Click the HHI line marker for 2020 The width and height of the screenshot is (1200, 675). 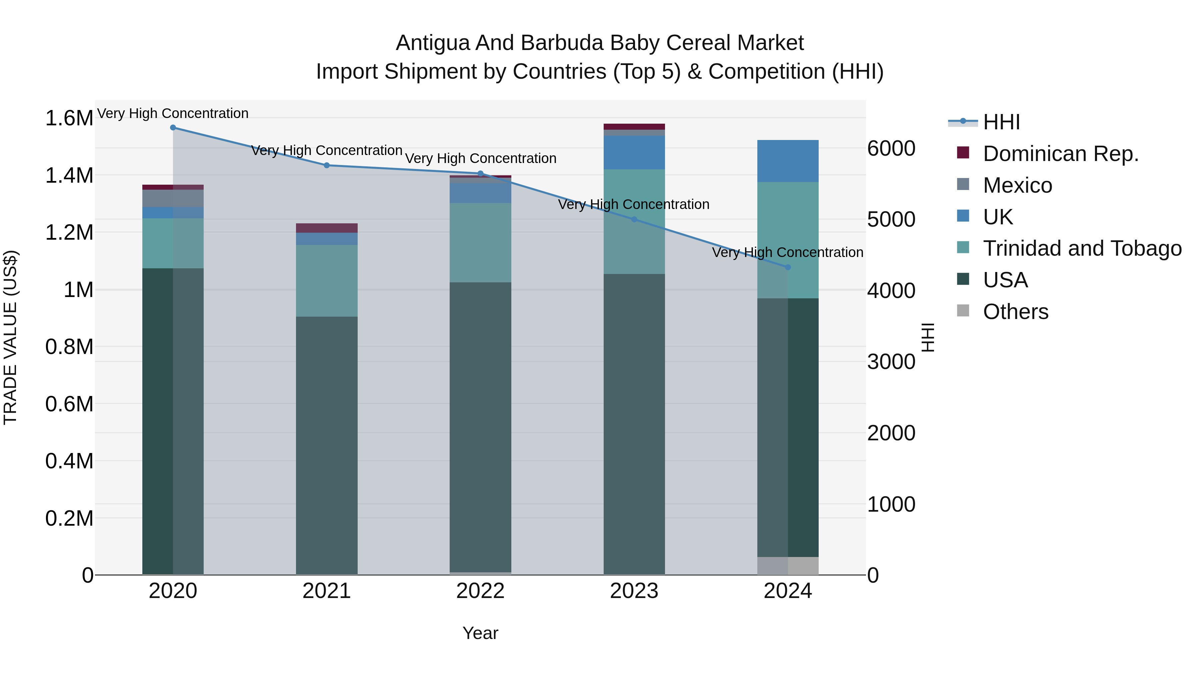(173, 127)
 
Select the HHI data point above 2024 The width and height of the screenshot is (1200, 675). (788, 267)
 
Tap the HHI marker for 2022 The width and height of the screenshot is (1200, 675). (480, 173)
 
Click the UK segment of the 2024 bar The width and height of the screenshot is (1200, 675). (788, 161)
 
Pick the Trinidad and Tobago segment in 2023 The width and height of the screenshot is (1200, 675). (634, 221)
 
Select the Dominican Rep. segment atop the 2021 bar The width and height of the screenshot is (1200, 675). (327, 228)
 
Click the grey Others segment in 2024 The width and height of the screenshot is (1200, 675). (788, 566)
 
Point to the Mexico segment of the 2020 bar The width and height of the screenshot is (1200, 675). (173, 198)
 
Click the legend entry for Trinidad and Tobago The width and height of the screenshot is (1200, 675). (1082, 248)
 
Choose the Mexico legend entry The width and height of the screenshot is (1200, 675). (1017, 185)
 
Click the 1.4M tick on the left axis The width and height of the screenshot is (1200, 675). (69, 176)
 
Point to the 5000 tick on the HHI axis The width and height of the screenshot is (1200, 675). (891, 219)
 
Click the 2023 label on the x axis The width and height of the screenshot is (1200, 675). (634, 591)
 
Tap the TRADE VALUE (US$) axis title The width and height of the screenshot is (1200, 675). (10, 337)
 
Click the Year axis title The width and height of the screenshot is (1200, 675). (480, 633)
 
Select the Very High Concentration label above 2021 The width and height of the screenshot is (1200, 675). (327, 150)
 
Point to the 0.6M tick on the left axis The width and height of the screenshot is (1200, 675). (69, 404)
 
